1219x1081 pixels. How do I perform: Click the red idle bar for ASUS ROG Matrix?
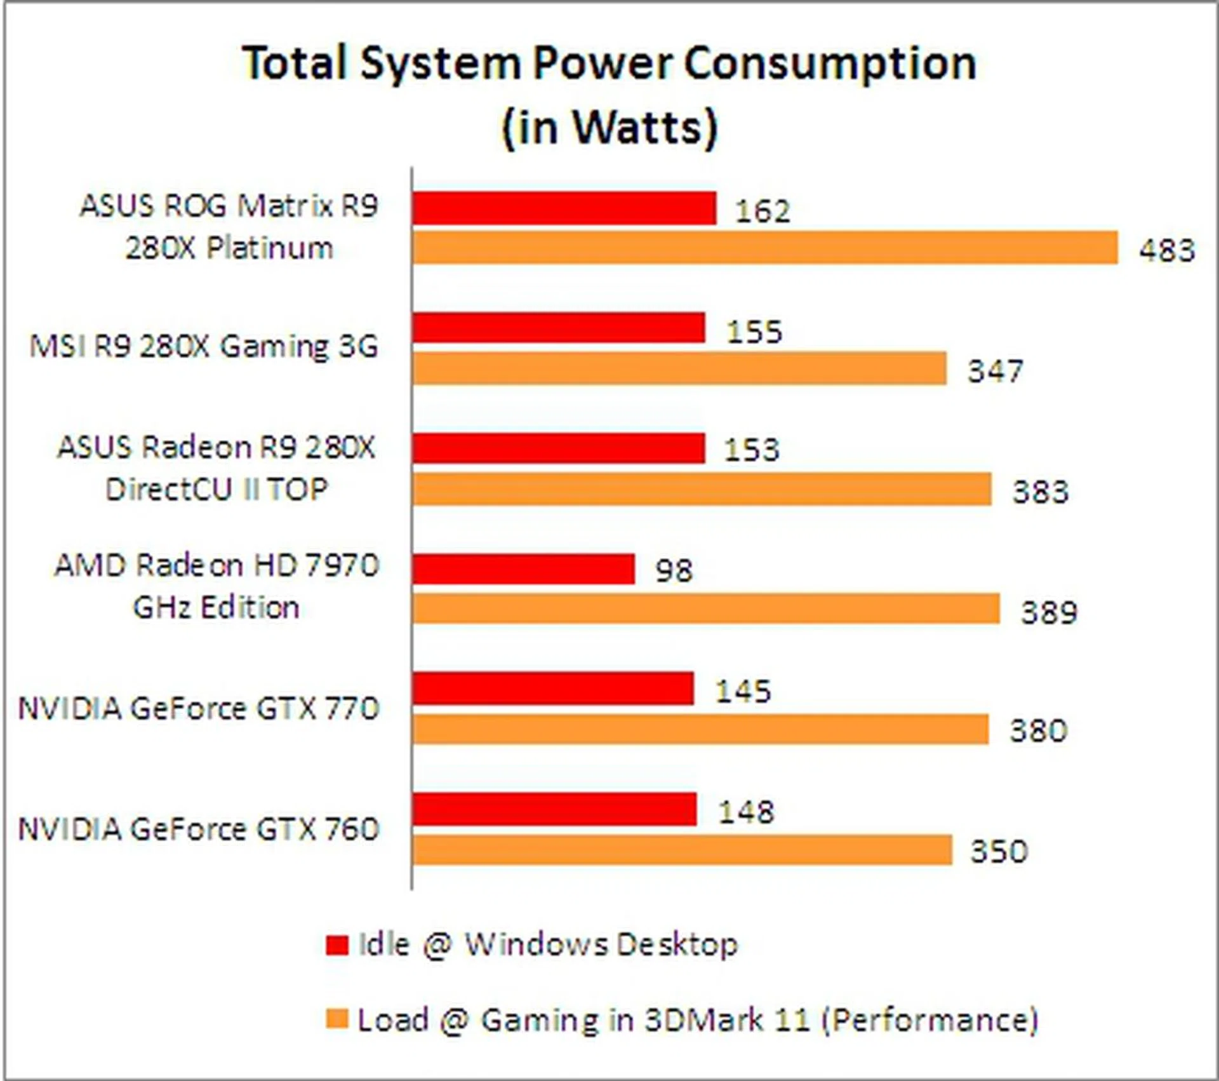tap(564, 208)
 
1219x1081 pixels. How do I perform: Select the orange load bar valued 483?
tap(764, 248)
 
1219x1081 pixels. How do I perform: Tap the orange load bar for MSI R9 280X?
tap(679, 368)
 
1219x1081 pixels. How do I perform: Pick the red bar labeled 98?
tap(523, 569)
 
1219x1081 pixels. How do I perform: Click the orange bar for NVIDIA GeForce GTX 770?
tap(700, 729)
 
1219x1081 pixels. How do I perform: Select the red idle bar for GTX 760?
tap(554, 810)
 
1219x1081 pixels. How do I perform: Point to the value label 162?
tap(763, 211)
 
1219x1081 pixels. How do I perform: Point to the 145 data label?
tap(743, 691)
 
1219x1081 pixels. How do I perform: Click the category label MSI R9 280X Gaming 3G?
tap(204, 347)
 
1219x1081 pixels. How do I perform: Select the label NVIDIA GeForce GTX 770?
tap(199, 709)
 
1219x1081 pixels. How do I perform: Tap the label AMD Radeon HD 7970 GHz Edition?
tap(216, 586)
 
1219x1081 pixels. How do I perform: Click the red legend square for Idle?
tap(337, 945)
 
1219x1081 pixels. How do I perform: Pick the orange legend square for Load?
tap(337, 1019)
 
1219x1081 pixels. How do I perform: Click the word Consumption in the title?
tap(830, 64)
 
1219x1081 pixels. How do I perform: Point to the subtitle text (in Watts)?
tap(609, 127)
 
